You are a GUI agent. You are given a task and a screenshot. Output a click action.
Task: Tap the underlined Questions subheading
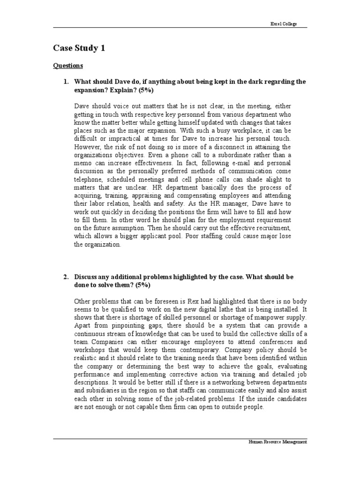point(67,66)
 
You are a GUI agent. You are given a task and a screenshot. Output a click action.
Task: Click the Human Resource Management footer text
point(277,442)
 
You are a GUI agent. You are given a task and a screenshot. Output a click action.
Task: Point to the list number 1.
point(66,82)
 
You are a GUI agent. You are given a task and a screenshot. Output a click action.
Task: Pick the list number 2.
point(66,277)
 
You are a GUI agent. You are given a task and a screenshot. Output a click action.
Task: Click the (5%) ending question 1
point(146,90)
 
